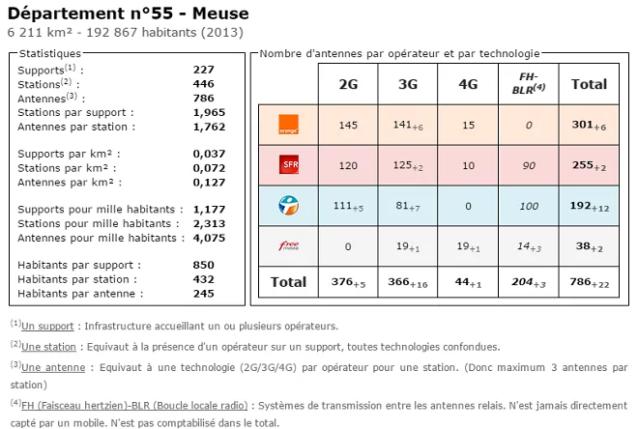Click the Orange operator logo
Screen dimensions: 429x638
(288, 126)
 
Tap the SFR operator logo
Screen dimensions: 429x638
(288, 165)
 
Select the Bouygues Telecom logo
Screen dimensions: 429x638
(288, 205)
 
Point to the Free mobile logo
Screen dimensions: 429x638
(288, 245)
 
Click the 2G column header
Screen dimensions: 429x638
(348, 84)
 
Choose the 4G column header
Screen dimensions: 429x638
(469, 84)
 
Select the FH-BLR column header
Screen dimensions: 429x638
(528, 83)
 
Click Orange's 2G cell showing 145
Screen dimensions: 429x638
(348, 126)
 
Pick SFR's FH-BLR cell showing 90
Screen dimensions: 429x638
(528, 165)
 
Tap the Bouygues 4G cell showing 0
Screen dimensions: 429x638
(469, 205)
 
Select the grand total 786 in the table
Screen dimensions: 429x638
(586, 282)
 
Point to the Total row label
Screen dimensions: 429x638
(287, 282)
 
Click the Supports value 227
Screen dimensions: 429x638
(203, 70)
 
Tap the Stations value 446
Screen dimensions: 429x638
(203, 84)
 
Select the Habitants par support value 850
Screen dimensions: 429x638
(203, 265)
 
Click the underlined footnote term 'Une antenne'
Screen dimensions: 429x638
(51, 367)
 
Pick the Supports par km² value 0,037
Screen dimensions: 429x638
(209, 154)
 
